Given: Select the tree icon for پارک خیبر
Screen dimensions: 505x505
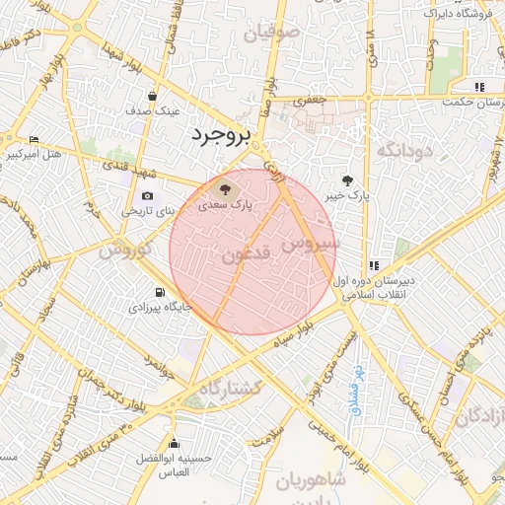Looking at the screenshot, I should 347,180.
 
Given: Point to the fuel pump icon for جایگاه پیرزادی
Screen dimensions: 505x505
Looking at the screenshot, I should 158,292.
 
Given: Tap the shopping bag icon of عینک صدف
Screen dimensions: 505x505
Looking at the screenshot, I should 154,97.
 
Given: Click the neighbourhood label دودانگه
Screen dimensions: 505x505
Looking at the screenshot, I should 405,150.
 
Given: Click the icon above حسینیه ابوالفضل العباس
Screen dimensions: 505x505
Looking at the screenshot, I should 174,442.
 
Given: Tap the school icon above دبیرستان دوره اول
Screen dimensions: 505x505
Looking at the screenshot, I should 373,265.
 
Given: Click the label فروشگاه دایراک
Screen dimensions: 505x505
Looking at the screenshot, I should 458,14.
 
